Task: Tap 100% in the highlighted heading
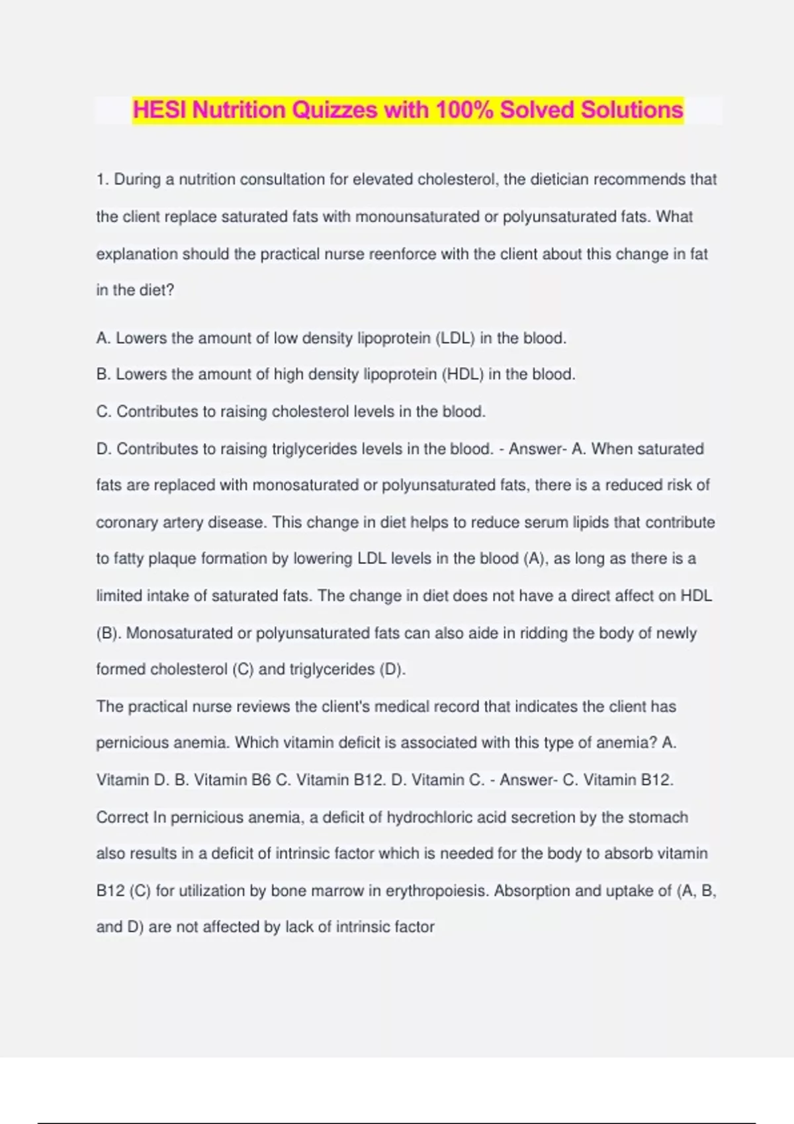tap(464, 110)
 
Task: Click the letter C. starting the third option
tap(104, 412)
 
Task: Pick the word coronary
tap(126, 522)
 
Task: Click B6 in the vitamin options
tap(261, 780)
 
